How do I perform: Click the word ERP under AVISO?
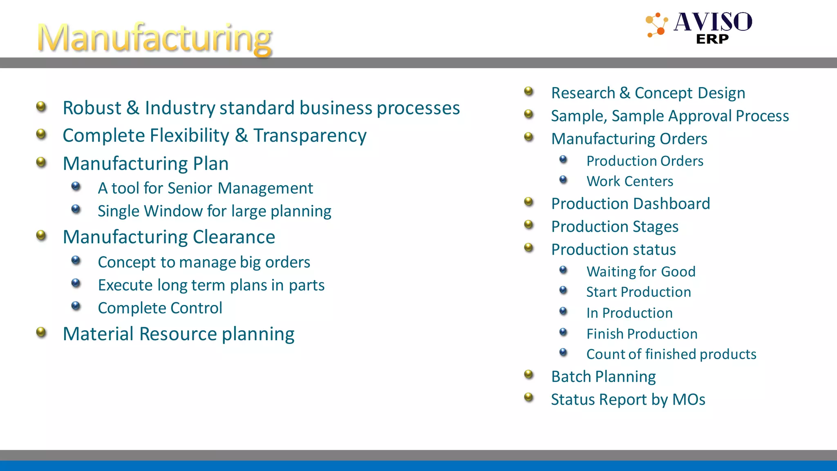pos(712,39)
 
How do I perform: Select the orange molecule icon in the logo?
pos(656,25)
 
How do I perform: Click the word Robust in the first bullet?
pos(92,108)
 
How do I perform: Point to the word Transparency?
pos(310,136)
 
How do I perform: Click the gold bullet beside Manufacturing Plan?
pos(41,162)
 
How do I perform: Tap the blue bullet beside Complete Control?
pos(76,306)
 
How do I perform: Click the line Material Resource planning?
pos(179,334)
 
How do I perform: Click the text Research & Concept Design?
pos(648,93)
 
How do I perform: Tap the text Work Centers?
pos(630,181)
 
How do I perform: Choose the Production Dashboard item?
pos(631,204)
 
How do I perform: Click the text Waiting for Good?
pos(641,271)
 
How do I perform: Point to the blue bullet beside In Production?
pos(564,312)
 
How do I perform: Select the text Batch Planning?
pos(604,377)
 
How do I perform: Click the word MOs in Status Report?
pos(689,399)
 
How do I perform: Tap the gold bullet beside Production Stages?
pos(529,224)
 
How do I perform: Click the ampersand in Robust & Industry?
pos(133,108)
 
